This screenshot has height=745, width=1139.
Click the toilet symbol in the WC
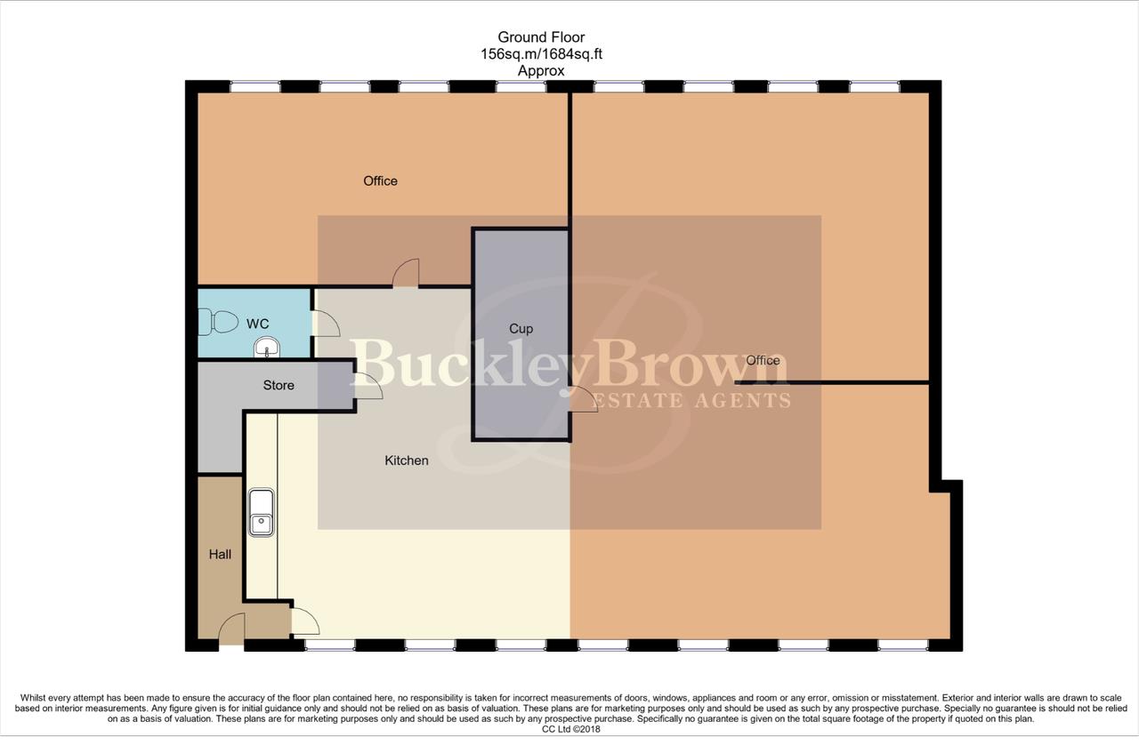point(217,321)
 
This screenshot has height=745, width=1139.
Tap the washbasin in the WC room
point(266,347)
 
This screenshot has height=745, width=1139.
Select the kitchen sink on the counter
point(262,513)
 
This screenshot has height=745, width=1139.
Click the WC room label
point(257,324)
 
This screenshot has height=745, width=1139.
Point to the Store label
point(279,385)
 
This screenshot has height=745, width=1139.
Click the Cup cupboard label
point(521,329)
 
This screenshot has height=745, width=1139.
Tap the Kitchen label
point(406,461)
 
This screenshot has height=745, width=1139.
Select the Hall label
point(220,554)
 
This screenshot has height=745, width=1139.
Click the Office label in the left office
point(380,180)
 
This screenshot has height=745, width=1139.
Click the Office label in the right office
point(763,360)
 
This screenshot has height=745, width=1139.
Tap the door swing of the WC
point(326,324)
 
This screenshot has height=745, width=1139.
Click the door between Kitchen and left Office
point(406,273)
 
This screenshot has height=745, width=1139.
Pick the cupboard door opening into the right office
point(584,399)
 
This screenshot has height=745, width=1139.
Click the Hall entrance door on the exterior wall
point(231,629)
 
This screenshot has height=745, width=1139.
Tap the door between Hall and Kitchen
point(303,620)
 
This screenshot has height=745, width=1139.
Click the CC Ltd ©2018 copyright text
point(569,730)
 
